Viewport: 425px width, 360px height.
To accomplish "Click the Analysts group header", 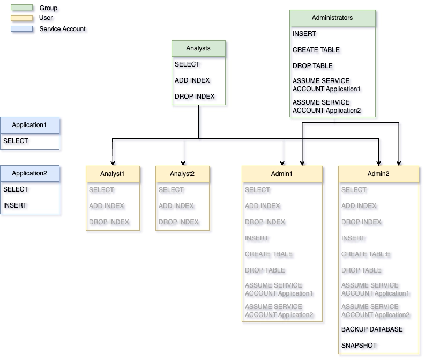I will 198,48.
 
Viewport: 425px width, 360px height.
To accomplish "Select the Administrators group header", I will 332,18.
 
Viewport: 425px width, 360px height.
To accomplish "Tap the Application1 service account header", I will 29,125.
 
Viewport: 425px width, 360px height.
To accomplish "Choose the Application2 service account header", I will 29,173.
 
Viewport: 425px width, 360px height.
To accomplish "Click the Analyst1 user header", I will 113,174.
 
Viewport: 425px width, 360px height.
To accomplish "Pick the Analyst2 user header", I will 182,174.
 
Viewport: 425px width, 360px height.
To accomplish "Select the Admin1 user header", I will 282,174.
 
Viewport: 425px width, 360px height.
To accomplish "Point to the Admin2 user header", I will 378,174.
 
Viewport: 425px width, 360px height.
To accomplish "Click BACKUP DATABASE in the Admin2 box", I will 372,329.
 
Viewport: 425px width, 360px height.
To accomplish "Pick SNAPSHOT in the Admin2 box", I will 359,346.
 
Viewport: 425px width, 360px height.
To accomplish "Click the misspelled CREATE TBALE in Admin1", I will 269,254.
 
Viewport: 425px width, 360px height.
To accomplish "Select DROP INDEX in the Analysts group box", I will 195,97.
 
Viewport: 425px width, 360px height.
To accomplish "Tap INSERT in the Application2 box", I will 15,205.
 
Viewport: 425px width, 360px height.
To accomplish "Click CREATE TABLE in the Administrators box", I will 316,50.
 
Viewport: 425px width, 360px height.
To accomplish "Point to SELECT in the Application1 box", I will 16,141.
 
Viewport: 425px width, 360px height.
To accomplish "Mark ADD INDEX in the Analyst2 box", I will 176,206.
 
